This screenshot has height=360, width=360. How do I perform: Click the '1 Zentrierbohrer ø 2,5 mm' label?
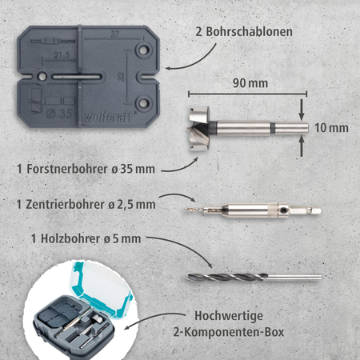tap(87, 204)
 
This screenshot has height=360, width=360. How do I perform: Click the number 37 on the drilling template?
tap(117, 34)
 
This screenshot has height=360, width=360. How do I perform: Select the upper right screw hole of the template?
tap(144, 50)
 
